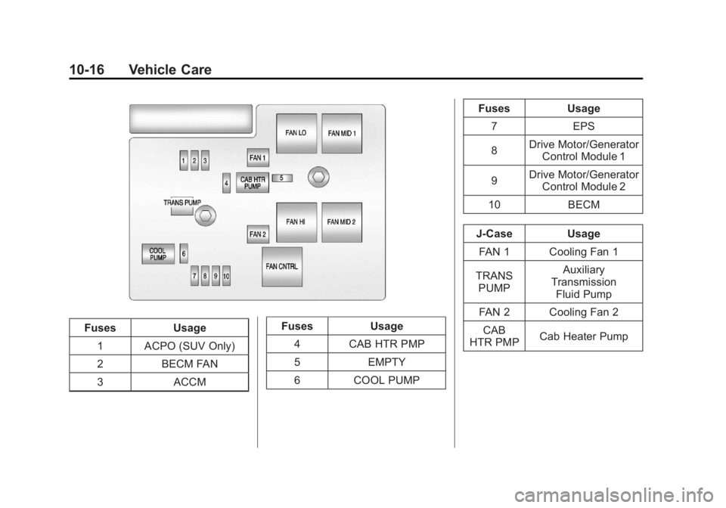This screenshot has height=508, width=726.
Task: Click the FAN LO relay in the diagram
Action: (296, 133)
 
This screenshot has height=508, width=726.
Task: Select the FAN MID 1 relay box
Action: (342, 133)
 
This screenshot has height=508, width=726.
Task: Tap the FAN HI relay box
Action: (296, 221)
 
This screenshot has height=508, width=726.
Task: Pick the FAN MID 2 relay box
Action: (342, 221)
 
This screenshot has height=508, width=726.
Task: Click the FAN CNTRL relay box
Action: (282, 267)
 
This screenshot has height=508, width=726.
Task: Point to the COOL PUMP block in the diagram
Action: (158, 253)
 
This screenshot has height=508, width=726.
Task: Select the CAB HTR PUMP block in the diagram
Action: (253, 182)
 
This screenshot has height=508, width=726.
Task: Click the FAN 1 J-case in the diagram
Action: (258, 158)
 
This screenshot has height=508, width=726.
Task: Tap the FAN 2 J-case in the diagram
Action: (258, 234)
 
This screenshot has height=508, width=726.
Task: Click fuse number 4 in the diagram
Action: (226, 182)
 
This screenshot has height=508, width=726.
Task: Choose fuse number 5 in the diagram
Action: (281, 178)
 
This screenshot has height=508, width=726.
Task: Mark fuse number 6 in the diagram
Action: (184, 253)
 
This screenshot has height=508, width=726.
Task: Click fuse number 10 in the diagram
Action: (226, 276)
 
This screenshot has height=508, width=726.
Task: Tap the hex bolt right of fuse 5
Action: (318, 177)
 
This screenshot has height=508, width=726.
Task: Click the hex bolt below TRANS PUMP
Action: (203, 216)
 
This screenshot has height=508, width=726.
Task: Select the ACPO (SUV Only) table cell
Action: (190, 346)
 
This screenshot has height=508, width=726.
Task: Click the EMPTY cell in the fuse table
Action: (387, 362)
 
